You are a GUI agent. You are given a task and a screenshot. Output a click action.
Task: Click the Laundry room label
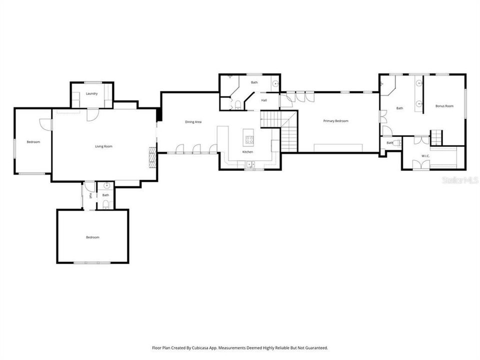click(91, 93)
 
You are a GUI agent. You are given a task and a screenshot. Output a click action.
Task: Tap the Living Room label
click(103, 146)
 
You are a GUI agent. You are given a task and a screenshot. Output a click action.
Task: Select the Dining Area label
click(193, 122)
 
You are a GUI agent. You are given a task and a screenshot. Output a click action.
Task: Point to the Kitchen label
click(247, 151)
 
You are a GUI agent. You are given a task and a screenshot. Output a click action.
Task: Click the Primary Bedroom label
click(335, 121)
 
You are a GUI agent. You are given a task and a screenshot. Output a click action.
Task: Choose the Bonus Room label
click(444, 106)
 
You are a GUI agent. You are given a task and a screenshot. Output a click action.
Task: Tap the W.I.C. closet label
click(425, 156)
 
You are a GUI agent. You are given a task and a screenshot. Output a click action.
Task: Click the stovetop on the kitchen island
click(248, 138)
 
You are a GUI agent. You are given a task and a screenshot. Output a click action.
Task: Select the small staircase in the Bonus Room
click(436, 135)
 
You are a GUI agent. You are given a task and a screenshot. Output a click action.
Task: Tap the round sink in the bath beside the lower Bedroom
click(100, 185)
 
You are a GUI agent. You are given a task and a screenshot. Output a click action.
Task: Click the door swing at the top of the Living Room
click(91, 114)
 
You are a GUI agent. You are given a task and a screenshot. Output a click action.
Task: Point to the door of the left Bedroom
click(46, 124)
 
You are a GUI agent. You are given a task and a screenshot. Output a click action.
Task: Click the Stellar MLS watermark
click(458, 179)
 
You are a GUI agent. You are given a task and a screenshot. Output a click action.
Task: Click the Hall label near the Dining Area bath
click(263, 100)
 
